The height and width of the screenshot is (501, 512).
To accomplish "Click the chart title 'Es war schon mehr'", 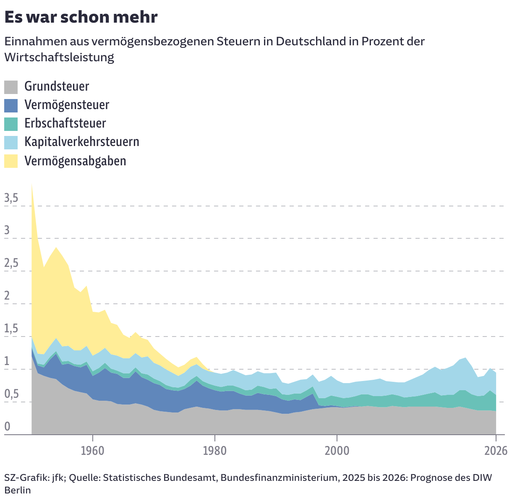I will (81, 17).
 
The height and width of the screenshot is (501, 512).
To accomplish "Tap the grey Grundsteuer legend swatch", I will (11, 87).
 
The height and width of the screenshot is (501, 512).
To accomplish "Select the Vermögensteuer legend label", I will (67, 105).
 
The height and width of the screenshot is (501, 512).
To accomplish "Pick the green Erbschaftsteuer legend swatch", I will (11, 124).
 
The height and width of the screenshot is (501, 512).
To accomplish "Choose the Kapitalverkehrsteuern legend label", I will (82, 142).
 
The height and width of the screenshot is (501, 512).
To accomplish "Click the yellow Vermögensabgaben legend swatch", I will (11, 161).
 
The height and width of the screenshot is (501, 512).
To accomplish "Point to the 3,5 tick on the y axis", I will (11, 198).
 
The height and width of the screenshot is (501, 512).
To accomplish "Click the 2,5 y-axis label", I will (11, 264).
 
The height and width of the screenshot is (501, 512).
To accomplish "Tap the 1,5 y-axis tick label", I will (11, 329).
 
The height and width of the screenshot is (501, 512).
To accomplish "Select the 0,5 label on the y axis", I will (11, 395).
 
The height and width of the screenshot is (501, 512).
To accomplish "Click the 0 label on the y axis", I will (7, 427).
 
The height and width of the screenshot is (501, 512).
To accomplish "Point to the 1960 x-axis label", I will (92, 451).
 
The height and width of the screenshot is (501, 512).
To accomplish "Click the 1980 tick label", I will (214, 451).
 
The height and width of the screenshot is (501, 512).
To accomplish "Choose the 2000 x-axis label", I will (337, 451).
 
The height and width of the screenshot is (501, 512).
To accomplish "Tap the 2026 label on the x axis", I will (496, 451).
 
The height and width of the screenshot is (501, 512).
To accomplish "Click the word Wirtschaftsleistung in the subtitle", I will (59, 57).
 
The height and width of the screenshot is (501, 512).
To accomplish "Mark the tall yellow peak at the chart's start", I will (32, 189).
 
